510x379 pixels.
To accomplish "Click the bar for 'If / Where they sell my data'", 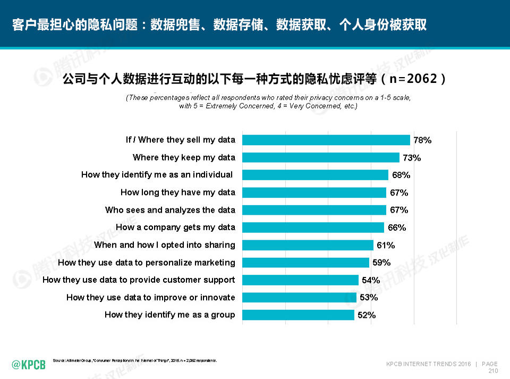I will click(326, 140).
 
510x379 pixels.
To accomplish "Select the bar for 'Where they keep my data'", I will click(320, 157).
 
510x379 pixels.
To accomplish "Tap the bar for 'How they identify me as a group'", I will click(298, 315).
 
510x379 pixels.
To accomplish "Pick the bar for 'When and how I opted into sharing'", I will click(308, 245).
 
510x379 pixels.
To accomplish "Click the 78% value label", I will click(422, 140).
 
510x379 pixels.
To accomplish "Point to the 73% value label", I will click(412, 158).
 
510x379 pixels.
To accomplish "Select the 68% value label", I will click(401, 175).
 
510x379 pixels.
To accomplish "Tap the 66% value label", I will click(397, 228).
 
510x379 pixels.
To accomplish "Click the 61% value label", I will click(386, 245).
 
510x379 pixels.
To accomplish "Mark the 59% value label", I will click(381, 262).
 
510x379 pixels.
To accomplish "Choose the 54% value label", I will click(371, 280).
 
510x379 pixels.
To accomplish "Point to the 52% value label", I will click(367, 315).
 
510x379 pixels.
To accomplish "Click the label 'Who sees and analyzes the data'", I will click(170, 210).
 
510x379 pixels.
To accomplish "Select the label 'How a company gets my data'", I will click(175, 227).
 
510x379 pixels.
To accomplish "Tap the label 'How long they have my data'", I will click(177, 192).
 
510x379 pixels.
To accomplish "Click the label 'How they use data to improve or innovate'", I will click(150, 297).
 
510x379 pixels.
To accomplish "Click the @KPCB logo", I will click(29, 364).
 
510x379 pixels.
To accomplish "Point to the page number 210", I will click(492, 370).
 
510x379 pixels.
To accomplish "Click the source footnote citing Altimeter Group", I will click(135, 361).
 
